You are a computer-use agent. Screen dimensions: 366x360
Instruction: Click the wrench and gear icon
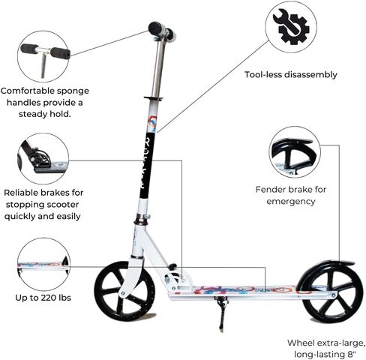coord(291,27)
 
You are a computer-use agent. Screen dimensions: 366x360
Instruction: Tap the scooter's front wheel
coord(124,292)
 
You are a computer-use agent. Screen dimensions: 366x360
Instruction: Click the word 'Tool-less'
coord(263,74)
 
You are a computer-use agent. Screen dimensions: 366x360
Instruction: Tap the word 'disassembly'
coord(310,75)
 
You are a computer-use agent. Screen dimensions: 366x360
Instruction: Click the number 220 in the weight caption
coord(49,298)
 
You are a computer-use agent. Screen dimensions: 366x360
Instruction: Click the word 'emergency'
coord(291,202)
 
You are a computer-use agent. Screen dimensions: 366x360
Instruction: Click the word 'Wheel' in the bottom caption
coord(301,343)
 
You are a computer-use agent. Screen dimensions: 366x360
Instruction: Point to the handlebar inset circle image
coord(43,56)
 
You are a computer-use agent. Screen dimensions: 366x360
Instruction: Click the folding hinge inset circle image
coord(43,158)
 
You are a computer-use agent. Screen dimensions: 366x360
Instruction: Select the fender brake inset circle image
coord(295,152)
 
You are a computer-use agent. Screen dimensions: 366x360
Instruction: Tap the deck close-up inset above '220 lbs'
coord(43,264)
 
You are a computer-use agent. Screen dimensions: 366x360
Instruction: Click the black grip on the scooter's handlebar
coord(155,28)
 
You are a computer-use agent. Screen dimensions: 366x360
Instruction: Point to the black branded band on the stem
coord(148,166)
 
